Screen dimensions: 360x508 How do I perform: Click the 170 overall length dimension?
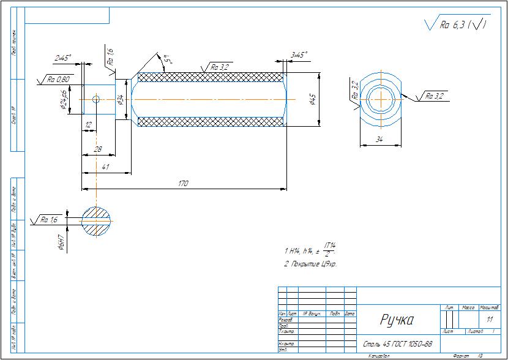[x=182, y=183]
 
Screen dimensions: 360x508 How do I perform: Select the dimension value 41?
[x=106, y=167]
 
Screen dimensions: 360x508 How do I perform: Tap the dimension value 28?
[x=97, y=149]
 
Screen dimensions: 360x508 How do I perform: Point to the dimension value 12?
[x=89, y=124]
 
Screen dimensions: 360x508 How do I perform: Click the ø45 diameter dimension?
[x=313, y=100]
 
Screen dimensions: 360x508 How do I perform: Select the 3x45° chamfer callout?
[x=299, y=55]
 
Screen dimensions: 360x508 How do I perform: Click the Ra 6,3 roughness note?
[x=456, y=24]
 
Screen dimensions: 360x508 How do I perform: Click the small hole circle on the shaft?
[x=95, y=99]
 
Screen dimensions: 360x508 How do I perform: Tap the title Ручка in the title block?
[x=397, y=319]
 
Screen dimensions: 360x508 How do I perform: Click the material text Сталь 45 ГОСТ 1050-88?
[x=398, y=344]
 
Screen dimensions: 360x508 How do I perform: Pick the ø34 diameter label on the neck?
[x=121, y=99]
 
